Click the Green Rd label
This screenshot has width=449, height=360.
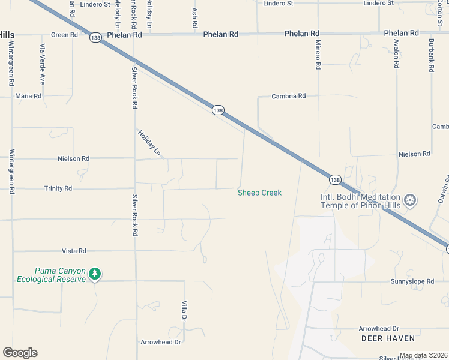click(x=65, y=35)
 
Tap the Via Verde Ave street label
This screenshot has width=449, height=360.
click(x=43, y=64)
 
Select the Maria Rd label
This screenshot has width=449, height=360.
click(x=28, y=96)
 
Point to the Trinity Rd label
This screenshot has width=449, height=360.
click(x=58, y=188)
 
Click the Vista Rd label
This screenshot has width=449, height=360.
click(x=74, y=251)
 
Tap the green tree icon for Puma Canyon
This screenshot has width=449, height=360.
click(x=94, y=274)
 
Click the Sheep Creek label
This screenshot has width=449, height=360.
click(x=259, y=193)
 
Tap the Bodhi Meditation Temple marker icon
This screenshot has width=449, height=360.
click(x=411, y=200)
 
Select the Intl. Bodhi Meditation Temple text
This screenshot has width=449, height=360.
click(x=360, y=201)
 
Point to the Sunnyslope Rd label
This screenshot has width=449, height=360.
click(x=412, y=281)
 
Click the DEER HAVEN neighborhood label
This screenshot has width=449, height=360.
click(x=381, y=338)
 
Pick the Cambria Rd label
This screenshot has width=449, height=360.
click(x=289, y=96)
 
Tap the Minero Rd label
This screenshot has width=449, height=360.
click(x=319, y=54)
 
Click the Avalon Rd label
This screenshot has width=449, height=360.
click(x=397, y=53)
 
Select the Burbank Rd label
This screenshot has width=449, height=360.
click(x=431, y=56)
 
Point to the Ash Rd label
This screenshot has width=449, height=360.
click(x=195, y=19)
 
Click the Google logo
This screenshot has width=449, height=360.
click(x=20, y=353)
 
